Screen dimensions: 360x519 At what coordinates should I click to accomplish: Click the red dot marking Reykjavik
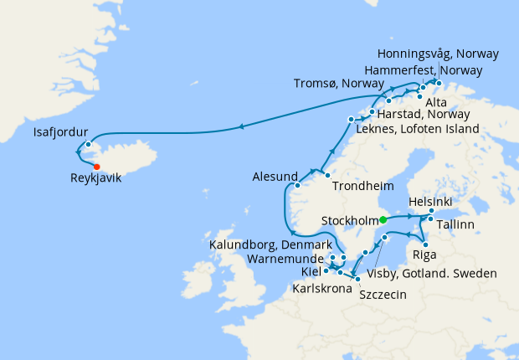pos(97,167)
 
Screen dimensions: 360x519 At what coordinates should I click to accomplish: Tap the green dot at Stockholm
pos(383,219)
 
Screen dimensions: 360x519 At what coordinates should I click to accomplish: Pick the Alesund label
pos(275,177)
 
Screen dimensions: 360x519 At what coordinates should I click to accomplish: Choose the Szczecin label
pos(384,294)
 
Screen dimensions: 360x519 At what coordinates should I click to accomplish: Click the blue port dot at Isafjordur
pos(88,144)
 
